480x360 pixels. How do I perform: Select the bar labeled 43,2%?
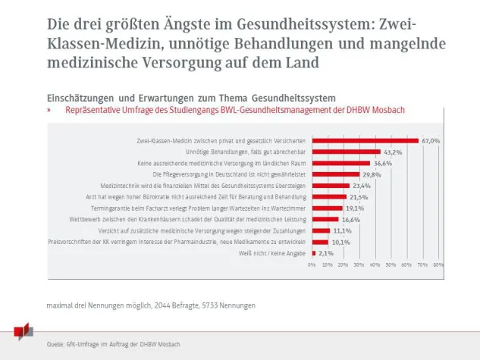[x=346, y=152]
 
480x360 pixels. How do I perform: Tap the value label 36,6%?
[x=381, y=163]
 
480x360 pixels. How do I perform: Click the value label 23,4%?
[x=361, y=186]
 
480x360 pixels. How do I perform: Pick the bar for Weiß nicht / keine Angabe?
[x=313, y=253]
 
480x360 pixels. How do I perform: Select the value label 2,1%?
[x=326, y=253]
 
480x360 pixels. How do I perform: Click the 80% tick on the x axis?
[x=438, y=265]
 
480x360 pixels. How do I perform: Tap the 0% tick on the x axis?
[x=312, y=265]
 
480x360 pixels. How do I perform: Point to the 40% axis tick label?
[x=375, y=265]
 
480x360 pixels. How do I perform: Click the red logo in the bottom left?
[x=24, y=331]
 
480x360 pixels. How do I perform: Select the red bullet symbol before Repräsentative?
[x=49, y=110]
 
